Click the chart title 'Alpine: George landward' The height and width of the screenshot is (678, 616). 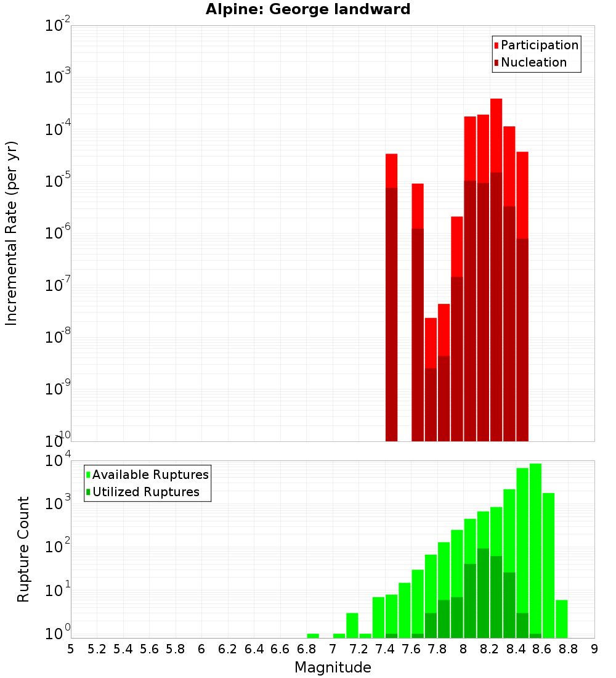[308, 9]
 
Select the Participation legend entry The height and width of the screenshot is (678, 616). [536, 45]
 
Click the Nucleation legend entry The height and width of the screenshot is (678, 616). [530, 62]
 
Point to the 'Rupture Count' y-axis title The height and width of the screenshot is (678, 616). [23, 549]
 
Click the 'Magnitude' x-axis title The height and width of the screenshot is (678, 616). [333, 668]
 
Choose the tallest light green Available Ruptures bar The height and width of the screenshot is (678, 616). [535, 549]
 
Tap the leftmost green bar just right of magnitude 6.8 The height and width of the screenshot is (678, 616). [313, 635]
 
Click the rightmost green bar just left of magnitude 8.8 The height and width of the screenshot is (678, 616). [561, 618]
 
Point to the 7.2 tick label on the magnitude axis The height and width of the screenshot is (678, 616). [359, 649]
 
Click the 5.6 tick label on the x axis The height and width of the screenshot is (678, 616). [150, 649]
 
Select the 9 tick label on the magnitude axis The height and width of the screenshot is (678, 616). [594, 649]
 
